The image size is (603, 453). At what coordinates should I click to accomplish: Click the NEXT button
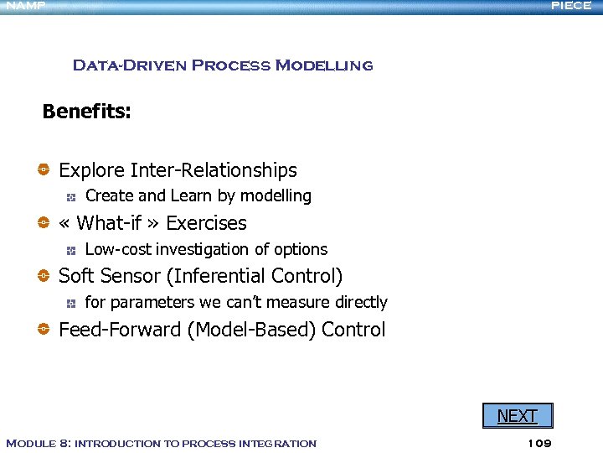[x=517, y=415]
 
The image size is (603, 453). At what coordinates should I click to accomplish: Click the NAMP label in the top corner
[x=25, y=5]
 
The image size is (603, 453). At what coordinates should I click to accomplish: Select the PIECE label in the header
[x=571, y=5]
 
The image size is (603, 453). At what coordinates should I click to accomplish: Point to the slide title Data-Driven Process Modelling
[x=223, y=65]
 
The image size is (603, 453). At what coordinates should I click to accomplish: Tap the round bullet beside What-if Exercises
[x=44, y=223]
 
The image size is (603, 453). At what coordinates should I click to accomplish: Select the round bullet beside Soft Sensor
[x=44, y=276]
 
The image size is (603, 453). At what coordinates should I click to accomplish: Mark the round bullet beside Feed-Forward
[x=44, y=330]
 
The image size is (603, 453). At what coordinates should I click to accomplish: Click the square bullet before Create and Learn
[x=72, y=196]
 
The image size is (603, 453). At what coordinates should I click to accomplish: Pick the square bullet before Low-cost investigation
[x=72, y=249]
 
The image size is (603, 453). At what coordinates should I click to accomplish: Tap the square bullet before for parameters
[x=72, y=302]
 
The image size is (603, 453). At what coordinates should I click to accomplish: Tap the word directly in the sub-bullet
[x=361, y=302]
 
